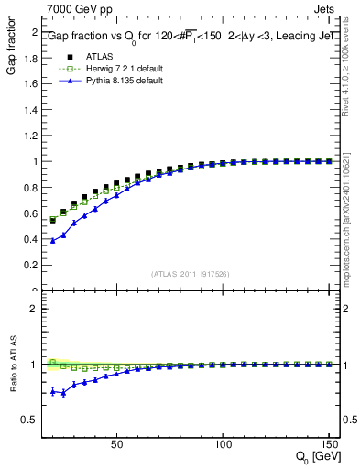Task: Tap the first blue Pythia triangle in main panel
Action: pos(53,240)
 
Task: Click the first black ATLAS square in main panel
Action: pos(53,220)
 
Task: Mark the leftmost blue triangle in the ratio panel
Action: pos(53,391)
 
